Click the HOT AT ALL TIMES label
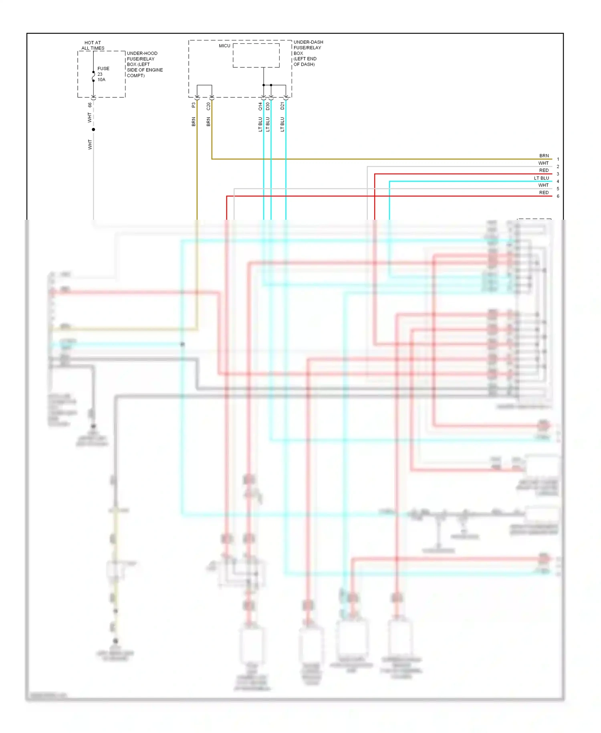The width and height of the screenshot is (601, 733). (x=93, y=45)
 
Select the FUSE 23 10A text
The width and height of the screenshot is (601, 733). (x=103, y=74)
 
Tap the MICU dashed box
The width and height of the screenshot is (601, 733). (x=256, y=55)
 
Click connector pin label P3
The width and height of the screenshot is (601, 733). (x=194, y=105)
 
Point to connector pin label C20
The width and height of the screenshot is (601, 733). (x=208, y=106)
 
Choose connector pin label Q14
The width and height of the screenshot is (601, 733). (x=260, y=106)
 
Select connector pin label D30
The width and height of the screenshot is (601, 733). (x=268, y=106)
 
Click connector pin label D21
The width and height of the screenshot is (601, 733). (x=282, y=106)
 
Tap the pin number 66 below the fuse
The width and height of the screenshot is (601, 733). (x=90, y=105)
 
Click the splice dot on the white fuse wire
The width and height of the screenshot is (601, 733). (x=93, y=130)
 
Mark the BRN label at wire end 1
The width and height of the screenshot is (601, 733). (x=544, y=156)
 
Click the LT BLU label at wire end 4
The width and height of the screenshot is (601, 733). (x=541, y=178)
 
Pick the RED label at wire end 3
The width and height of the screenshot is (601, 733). (x=544, y=170)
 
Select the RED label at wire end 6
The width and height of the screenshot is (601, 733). (x=544, y=192)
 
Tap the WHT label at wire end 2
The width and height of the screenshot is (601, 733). (x=543, y=163)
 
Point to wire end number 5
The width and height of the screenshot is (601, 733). (x=558, y=189)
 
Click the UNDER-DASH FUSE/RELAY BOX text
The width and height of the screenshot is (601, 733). (x=308, y=53)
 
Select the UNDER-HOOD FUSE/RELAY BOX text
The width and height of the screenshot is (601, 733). (x=144, y=64)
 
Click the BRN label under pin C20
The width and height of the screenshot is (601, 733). (x=208, y=122)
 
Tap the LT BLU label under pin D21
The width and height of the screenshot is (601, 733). (x=282, y=124)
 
